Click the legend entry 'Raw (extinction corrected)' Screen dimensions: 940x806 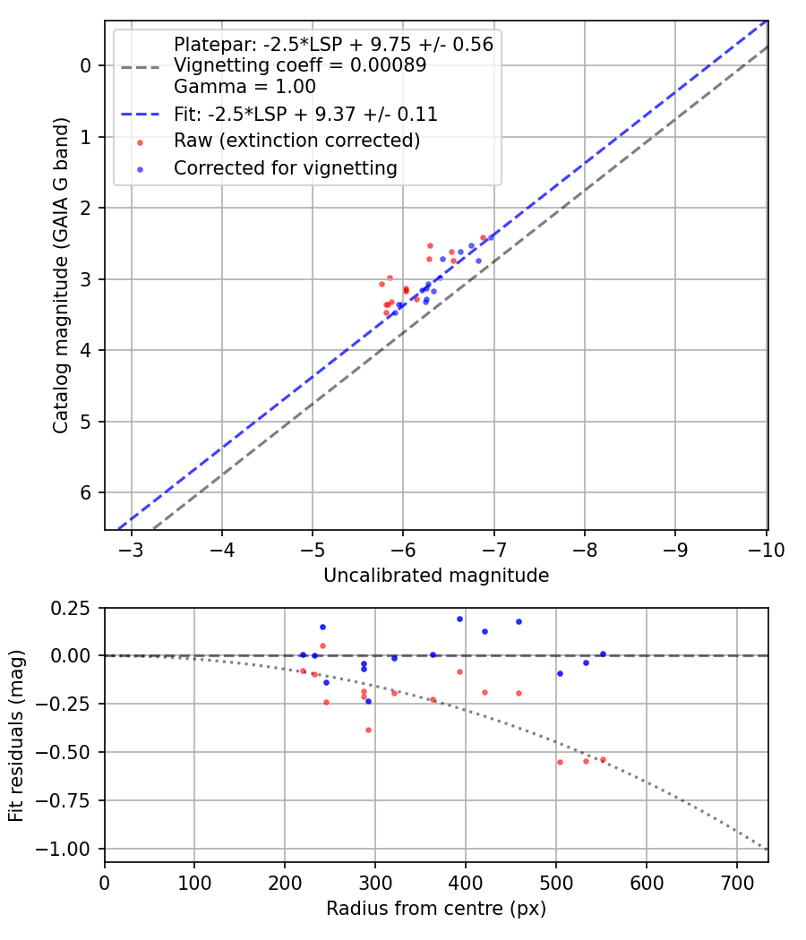click(x=296, y=141)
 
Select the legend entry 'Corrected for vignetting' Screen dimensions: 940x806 click(x=285, y=167)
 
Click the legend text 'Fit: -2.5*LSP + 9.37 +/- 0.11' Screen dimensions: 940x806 click(x=304, y=115)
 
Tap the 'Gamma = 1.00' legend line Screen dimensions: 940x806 click(x=244, y=87)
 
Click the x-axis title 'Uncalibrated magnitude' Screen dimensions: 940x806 click(x=436, y=576)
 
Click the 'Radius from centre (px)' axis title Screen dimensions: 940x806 click(x=436, y=909)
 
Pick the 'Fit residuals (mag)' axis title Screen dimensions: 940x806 click(x=17, y=736)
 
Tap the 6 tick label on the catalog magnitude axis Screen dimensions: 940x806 click(x=86, y=493)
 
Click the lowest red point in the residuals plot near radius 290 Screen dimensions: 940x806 click(x=368, y=730)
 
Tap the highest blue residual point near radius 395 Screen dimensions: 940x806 click(x=459, y=619)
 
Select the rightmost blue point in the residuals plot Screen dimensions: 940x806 click(x=603, y=654)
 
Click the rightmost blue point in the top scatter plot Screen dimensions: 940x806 click(x=491, y=237)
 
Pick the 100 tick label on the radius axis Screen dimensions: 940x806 click(x=194, y=882)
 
